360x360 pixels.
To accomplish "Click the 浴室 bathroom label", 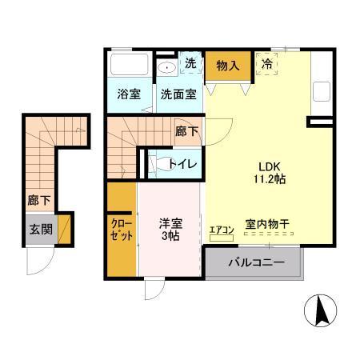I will tap(129, 94).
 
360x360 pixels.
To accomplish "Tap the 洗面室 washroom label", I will tap(178, 94).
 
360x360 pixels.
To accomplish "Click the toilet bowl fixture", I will tap(155, 163).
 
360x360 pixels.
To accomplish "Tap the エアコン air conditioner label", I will tap(221, 231).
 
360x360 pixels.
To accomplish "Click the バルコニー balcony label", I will tap(255, 262).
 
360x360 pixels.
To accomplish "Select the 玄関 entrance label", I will tap(39, 230).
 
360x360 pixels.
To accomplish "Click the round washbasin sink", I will tap(167, 67).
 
